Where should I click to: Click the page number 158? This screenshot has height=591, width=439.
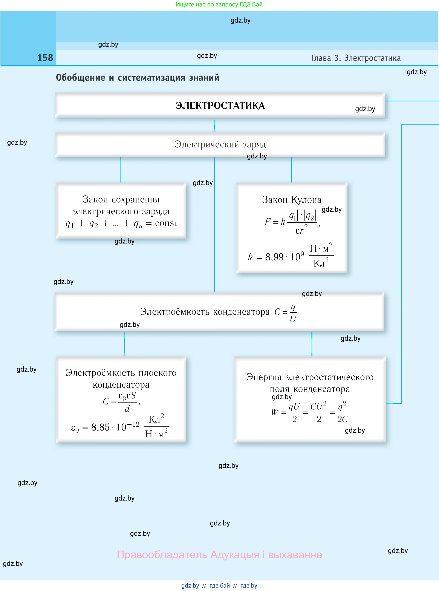pyautogui.click(x=45, y=58)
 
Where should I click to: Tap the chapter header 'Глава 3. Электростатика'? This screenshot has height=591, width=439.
pyautogui.click(x=356, y=58)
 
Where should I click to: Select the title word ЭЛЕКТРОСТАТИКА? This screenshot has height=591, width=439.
pyautogui.click(x=220, y=106)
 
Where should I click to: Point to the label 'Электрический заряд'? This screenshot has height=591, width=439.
pyautogui.click(x=220, y=144)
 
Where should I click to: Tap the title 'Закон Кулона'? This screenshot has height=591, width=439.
pyautogui.click(x=292, y=200)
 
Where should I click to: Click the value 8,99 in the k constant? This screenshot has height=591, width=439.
pyautogui.click(x=274, y=257)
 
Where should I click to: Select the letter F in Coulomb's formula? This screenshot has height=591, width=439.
pyautogui.click(x=267, y=222)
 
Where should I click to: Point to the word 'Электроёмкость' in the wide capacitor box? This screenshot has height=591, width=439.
pyautogui.click(x=175, y=312)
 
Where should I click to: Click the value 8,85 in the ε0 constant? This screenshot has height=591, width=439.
pyautogui.click(x=100, y=427)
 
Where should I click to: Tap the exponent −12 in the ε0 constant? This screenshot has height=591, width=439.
pyautogui.click(x=133, y=424)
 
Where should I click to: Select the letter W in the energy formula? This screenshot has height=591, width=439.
pyautogui.click(x=274, y=412)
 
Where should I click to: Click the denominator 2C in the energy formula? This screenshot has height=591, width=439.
pyautogui.click(x=342, y=419)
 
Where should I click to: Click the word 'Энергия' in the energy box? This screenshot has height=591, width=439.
pyautogui.click(x=264, y=377)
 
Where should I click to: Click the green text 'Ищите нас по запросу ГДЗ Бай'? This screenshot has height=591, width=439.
pyautogui.click(x=219, y=5)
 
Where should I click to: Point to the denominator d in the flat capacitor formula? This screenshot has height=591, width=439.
pyautogui.click(x=127, y=409)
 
